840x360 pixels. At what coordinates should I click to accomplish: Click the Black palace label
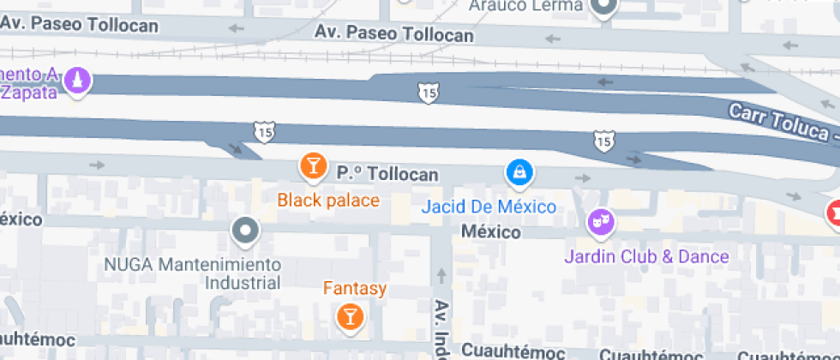click(328, 201)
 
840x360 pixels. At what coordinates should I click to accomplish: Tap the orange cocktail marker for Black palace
click(313, 166)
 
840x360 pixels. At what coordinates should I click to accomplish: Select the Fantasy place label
click(354, 289)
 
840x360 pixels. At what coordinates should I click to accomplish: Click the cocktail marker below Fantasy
click(350, 316)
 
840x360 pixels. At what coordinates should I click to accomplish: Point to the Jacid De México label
click(489, 207)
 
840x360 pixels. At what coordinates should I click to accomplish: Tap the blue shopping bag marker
click(519, 174)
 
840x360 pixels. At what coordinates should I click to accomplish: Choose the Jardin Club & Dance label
click(646, 256)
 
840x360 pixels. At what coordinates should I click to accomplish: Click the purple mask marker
click(599, 223)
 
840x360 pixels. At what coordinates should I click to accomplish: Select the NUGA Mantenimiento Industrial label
click(193, 273)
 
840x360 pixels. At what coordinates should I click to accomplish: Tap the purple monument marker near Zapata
click(79, 83)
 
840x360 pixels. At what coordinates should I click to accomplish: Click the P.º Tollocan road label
click(387, 174)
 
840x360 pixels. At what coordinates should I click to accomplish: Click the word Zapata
click(31, 93)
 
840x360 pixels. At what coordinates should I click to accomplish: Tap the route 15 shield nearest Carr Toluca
click(604, 140)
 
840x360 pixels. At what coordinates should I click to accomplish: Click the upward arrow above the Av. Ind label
click(442, 276)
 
